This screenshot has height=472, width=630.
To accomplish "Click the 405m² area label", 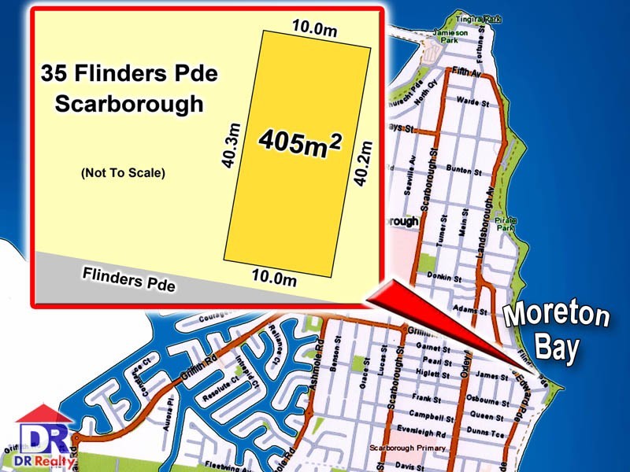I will click(300, 144).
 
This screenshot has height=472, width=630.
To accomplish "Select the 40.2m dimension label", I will click(364, 162).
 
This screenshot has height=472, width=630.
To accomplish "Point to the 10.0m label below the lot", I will click(273, 276).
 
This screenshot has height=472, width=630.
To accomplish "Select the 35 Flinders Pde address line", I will click(129, 76).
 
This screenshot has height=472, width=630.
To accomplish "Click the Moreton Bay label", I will click(556, 330).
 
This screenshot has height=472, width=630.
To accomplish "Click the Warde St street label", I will click(473, 102).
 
